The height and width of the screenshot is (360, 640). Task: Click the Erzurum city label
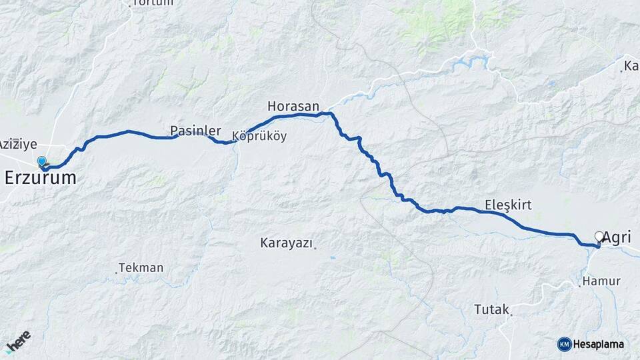tap(40, 178)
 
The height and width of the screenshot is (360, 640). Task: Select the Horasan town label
tap(293, 106)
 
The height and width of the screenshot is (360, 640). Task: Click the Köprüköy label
tap(259, 137)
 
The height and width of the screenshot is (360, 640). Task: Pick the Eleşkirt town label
tap(508, 205)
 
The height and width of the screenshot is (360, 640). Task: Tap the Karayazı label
tap(286, 243)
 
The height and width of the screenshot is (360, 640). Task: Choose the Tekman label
tap(142, 268)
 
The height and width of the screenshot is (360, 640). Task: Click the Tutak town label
tap(491, 309)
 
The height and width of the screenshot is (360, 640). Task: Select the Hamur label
tap(602, 281)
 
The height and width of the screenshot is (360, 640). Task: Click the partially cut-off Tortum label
tap(153, 3)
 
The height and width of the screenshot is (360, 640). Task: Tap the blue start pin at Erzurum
tap(42, 161)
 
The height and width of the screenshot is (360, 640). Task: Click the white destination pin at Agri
tap(599, 237)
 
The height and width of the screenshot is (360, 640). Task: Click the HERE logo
tap(18, 341)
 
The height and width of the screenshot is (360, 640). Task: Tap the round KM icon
tap(565, 344)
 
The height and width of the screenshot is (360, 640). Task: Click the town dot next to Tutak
tap(511, 313)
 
